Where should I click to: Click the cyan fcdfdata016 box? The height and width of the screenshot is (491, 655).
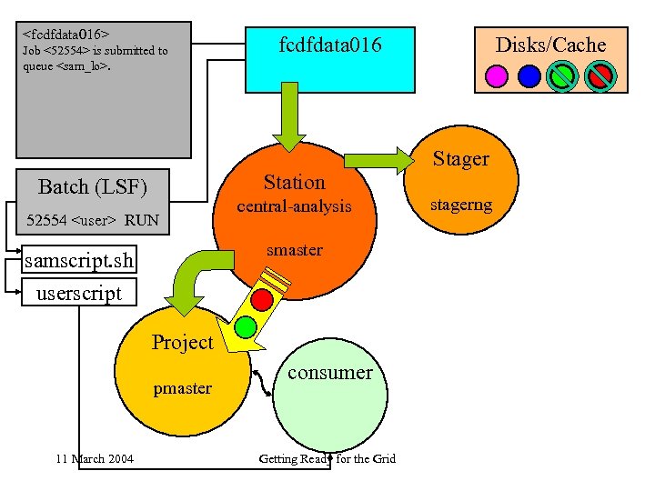329,56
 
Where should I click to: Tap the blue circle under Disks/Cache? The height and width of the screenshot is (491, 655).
529,75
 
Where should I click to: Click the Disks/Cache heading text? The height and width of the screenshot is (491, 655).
550,45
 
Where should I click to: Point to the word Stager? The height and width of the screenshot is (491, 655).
460,159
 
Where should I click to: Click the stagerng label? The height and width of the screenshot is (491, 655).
462,205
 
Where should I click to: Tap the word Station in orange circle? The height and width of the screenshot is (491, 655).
294,182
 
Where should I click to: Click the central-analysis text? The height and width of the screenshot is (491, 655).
294,206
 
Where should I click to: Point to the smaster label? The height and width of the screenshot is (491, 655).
294,250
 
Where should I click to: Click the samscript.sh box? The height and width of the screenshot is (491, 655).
80,262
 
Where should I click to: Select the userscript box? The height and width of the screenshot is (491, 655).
78,293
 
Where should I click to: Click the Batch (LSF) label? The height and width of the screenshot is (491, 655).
92,187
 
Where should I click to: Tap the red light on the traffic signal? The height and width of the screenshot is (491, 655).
263,298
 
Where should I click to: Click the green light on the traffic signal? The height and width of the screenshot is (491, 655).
245,326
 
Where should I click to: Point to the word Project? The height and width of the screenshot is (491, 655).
182,343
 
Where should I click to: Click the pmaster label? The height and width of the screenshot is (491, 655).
182,388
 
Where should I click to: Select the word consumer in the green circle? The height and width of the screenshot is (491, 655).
329,372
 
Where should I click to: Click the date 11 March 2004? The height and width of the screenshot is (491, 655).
94,458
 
